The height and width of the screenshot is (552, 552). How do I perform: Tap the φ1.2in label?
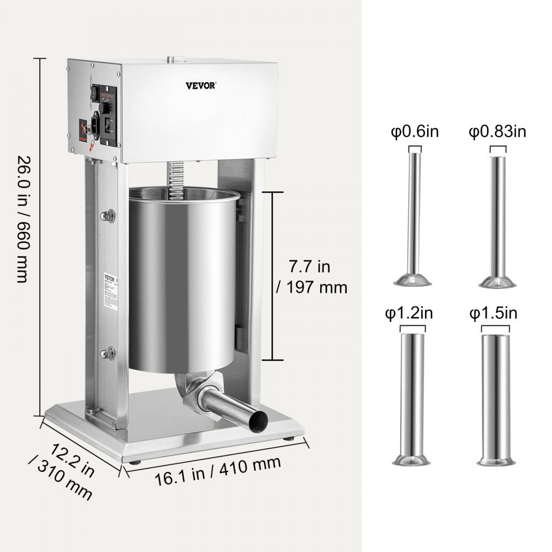[408, 314]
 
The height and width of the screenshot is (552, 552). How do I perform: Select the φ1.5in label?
[493, 314]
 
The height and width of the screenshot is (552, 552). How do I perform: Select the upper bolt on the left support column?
[109, 215]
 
